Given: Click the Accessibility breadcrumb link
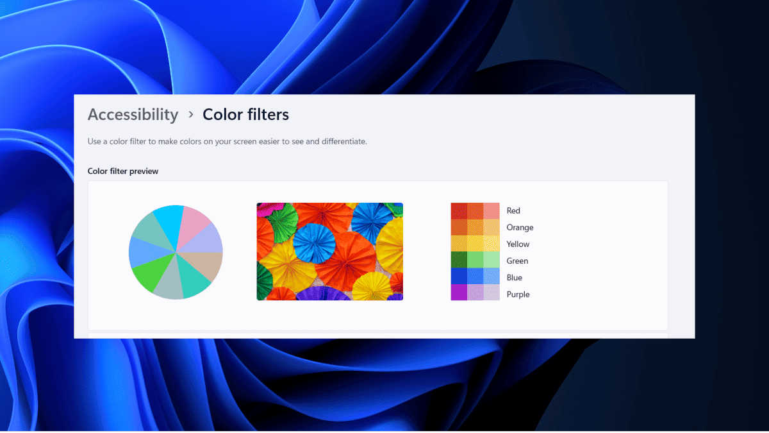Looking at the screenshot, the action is (133, 115).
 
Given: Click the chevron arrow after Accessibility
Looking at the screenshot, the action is (191, 114).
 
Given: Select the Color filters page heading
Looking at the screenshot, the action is (245, 114).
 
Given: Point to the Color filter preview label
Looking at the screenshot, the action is (123, 171).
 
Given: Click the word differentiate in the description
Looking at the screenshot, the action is (344, 142).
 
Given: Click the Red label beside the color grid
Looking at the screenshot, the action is (513, 210).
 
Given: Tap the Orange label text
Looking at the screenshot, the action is (520, 228).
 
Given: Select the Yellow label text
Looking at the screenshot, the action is (518, 244).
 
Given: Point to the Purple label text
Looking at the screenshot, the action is (518, 294).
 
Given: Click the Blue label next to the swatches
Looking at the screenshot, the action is (514, 278).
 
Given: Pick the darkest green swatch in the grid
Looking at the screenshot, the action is (459, 260).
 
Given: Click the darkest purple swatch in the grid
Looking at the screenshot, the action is (459, 293).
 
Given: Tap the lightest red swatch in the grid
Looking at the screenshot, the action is (492, 211).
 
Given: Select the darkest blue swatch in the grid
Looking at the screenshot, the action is (459, 276).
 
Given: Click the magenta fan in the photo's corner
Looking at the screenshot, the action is (269, 209).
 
